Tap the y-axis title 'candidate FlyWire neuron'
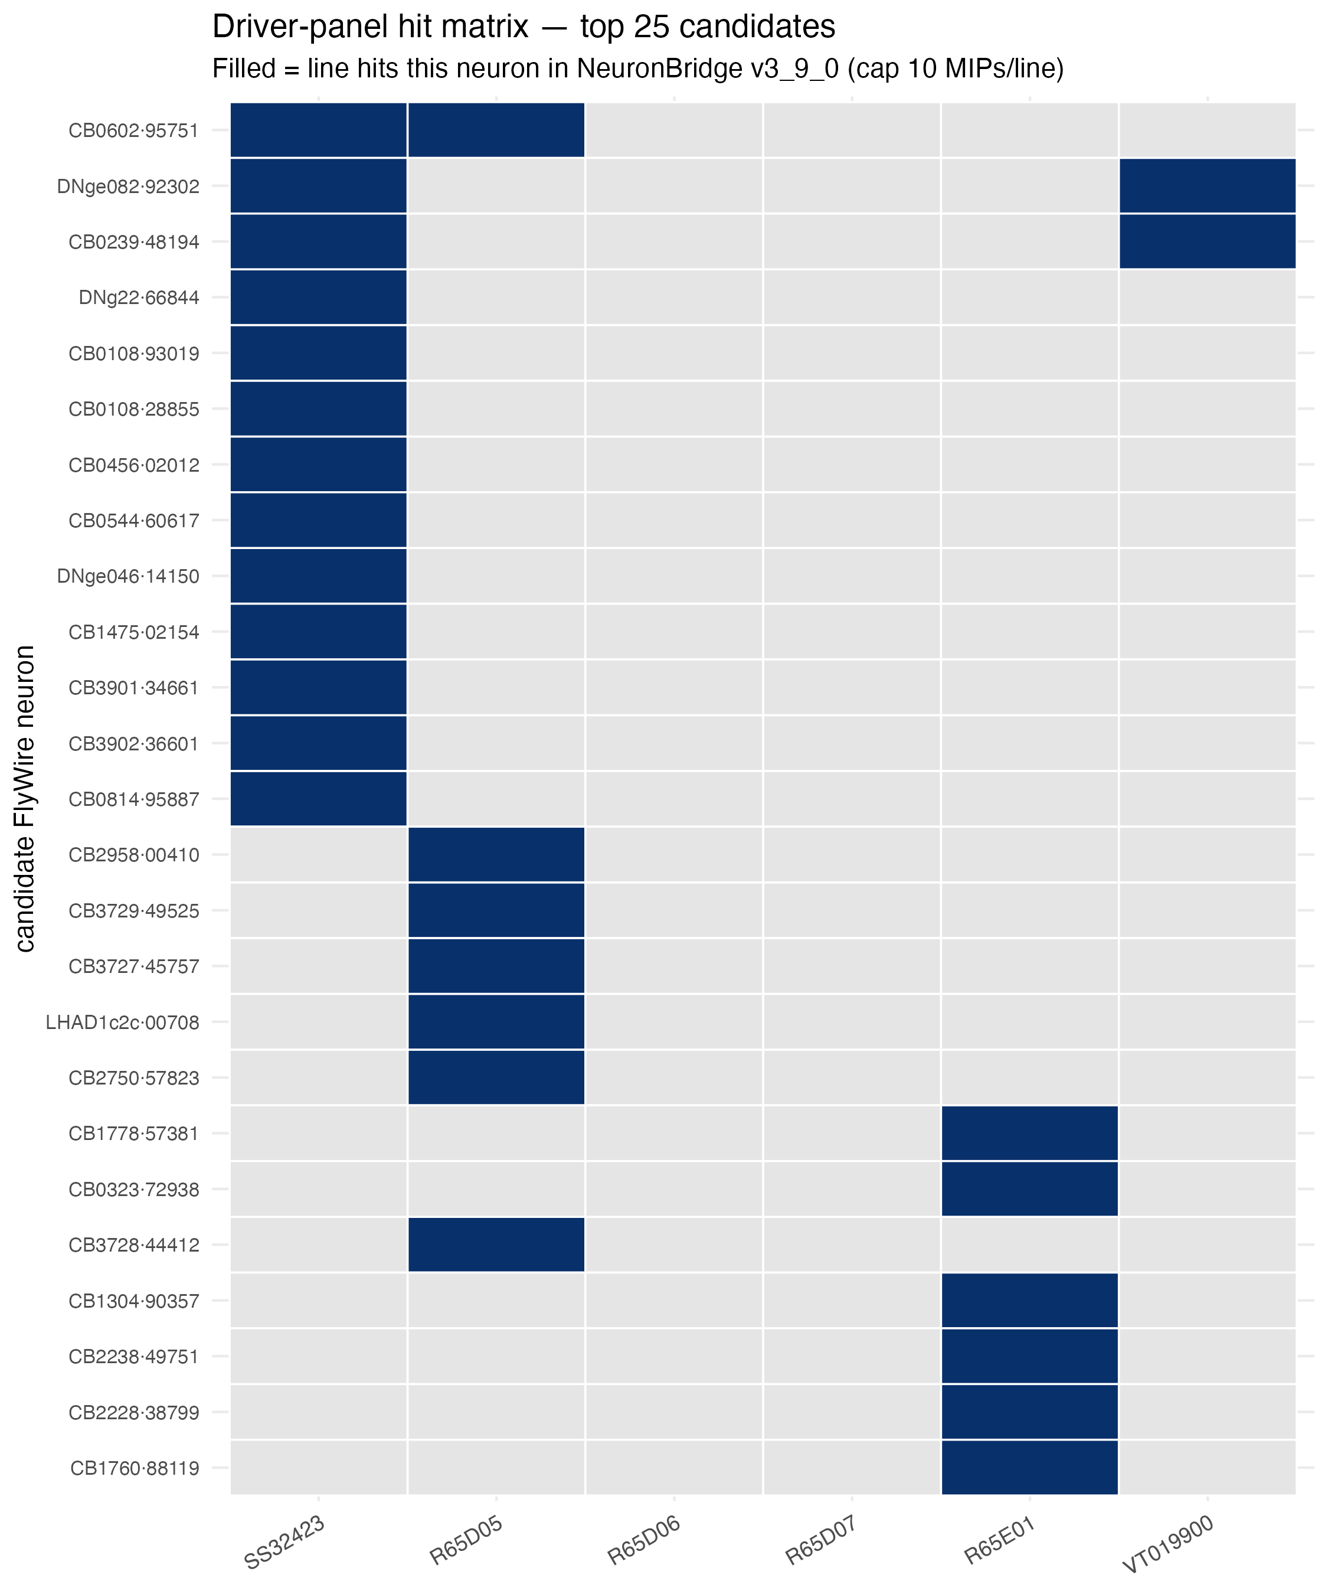pos(25,799)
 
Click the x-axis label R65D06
pos(643,1541)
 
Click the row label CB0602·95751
pos(133,130)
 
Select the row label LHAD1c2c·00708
pos(122,1023)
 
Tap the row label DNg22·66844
pos(139,298)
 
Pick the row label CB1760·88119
pos(135,1468)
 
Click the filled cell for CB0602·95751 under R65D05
pos(496,130)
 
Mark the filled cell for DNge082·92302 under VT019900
pos(1208,186)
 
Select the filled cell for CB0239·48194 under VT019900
pos(1208,242)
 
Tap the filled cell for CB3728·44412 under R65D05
pos(496,1245)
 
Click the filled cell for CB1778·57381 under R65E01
pos(1030,1134)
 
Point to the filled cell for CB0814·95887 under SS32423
pos(319,799)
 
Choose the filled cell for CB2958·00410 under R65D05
pos(496,855)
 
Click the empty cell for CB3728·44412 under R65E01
pos(1030,1245)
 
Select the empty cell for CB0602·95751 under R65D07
pos(852,130)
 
